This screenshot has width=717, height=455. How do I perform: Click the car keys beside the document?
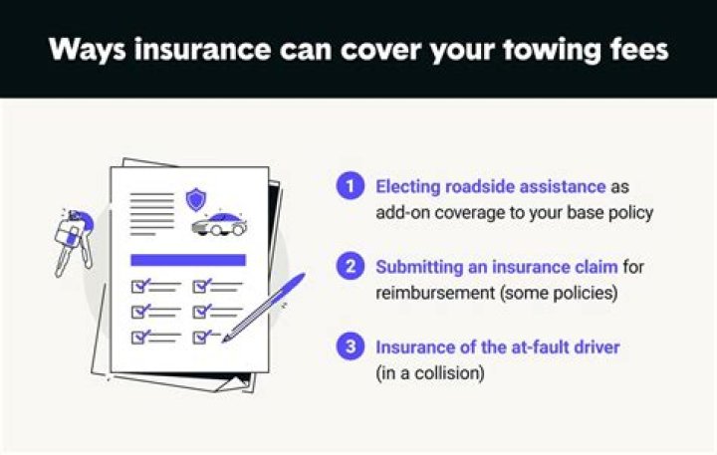71,239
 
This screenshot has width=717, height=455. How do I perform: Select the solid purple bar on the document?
188,260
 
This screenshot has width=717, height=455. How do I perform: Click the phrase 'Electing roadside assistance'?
490,186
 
